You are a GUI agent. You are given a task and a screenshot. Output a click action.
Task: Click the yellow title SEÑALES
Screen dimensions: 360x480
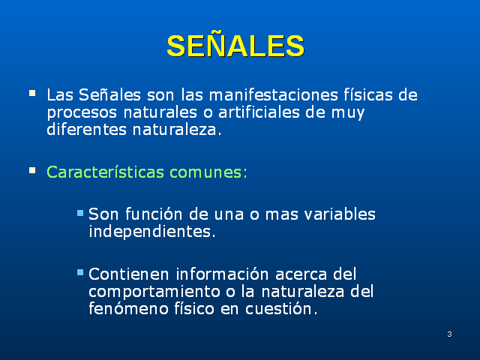click(x=235, y=46)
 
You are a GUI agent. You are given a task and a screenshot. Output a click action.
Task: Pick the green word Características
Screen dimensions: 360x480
click(x=106, y=172)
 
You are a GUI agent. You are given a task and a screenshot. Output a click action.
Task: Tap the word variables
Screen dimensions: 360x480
click(x=337, y=214)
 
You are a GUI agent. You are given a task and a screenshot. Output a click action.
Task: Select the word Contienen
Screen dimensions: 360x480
click(x=122, y=274)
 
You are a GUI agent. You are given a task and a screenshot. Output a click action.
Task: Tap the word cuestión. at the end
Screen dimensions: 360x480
click(x=280, y=307)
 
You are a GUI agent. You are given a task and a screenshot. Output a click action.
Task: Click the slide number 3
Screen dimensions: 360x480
click(x=448, y=334)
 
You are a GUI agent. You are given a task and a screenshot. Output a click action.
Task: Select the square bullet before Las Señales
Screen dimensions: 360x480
click(x=31, y=94)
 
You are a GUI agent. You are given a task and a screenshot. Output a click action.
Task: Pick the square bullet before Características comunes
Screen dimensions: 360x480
click(x=31, y=170)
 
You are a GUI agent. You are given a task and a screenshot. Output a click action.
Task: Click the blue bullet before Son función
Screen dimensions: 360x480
click(x=80, y=213)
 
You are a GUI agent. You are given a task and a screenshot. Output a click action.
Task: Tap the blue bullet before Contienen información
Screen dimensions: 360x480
click(x=80, y=272)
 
